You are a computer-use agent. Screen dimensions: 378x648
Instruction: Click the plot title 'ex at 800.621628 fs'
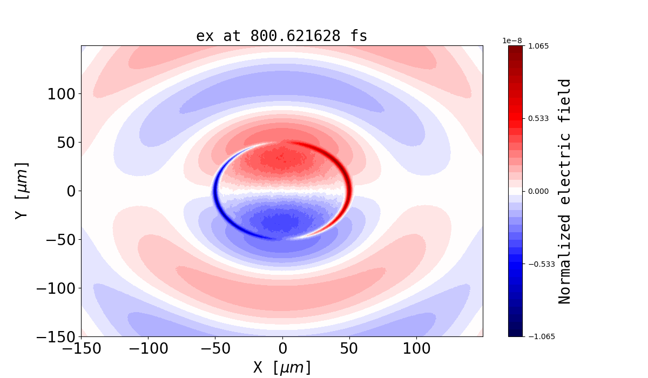pos(281,36)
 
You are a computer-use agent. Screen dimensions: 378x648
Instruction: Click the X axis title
pos(282,367)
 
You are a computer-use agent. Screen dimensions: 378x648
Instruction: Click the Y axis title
pos(21,190)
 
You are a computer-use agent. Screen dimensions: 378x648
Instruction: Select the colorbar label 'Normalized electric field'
pos(565,191)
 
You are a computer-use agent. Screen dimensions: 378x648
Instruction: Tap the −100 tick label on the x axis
pos(148,348)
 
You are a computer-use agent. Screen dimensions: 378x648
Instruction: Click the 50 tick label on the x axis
pos(349,348)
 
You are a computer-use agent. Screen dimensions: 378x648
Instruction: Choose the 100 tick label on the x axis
pos(416,348)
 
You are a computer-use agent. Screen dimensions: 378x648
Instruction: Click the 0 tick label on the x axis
pos(282,348)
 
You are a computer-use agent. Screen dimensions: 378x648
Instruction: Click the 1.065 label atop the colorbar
pos(538,46)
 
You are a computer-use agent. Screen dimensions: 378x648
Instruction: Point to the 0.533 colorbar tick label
pos(538,118)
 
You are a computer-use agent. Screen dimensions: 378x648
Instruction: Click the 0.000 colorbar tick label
pos(538,191)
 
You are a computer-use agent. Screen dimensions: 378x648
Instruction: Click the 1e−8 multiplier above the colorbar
pos(512,40)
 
